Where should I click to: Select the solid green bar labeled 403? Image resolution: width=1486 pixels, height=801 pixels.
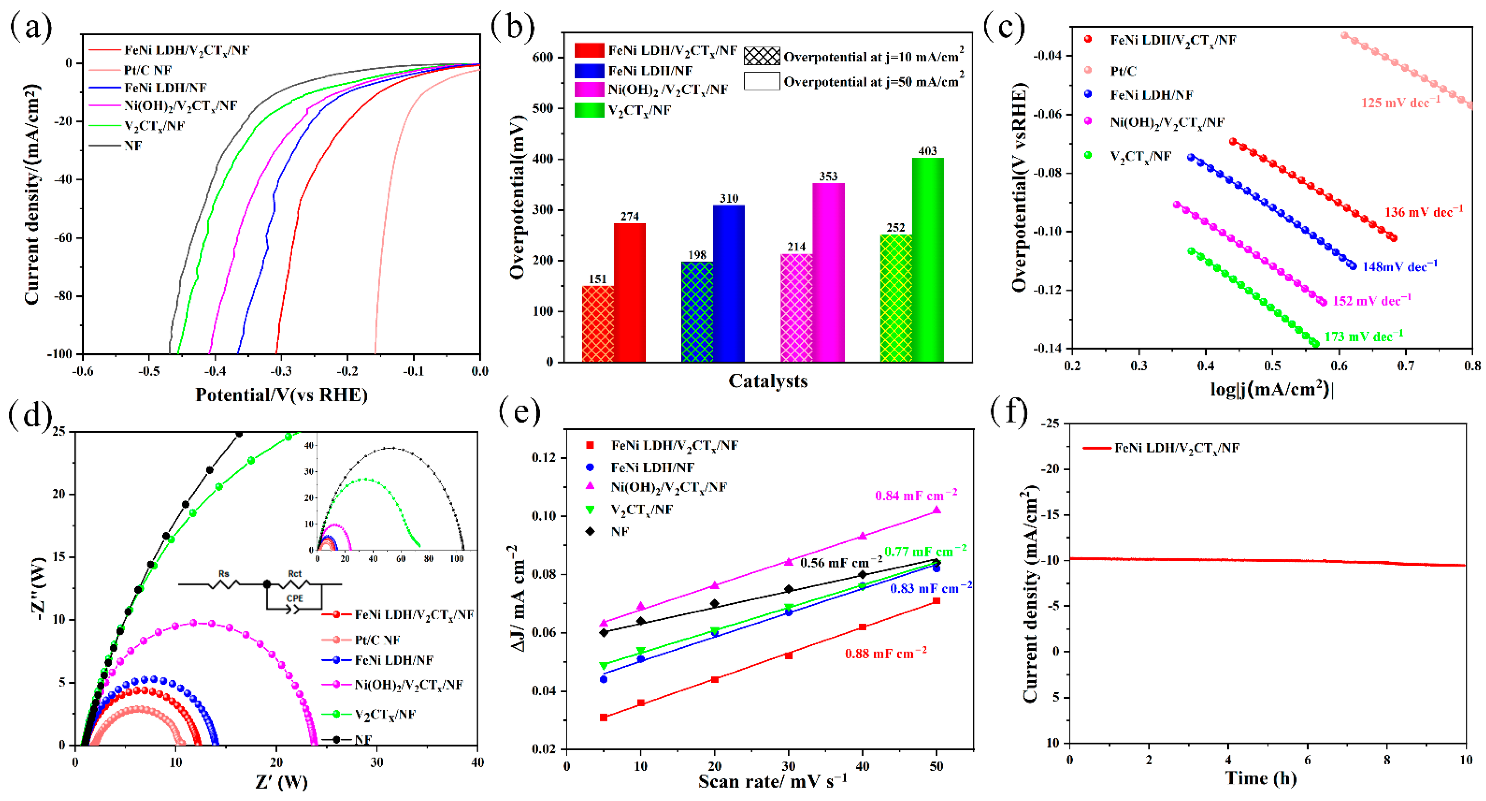pyautogui.click(x=928, y=259)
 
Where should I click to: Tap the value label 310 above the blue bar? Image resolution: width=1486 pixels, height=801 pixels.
pyautogui.click(x=728, y=198)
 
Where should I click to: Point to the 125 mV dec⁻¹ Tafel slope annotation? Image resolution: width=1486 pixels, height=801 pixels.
pyautogui.click(x=1401, y=103)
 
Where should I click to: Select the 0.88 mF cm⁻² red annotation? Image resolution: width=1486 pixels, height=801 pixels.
pyautogui.click(x=886, y=653)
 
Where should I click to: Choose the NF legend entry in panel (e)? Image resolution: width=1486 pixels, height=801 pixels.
pyautogui.click(x=620, y=531)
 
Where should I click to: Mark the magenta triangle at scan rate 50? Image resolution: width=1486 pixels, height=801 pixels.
pyautogui.click(x=936, y=510)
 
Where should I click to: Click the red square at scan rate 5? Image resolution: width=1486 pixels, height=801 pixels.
pyautogui.click(x=604, y=717)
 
